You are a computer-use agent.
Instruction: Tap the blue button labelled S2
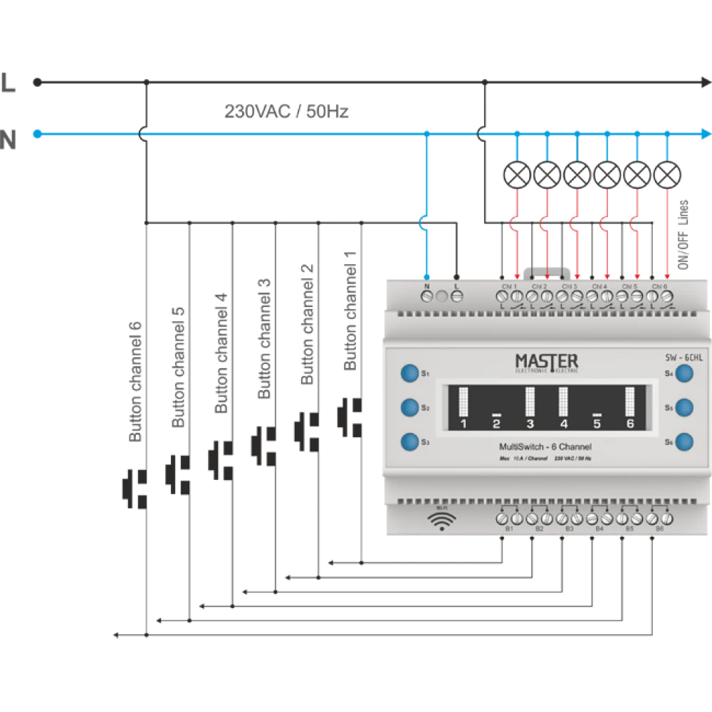[x=409, y=407]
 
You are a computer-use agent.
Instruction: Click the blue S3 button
[x=409, y=441]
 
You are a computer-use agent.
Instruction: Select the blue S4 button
[x=684, y=373]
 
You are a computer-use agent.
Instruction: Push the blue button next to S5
[x=684, y=407]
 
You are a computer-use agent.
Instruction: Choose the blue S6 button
[x=684, y=441]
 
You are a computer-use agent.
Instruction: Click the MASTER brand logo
[x=546, y=362]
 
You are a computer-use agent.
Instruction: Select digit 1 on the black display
[x=464, y=424]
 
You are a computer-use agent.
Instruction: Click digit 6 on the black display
[x=630, y=424]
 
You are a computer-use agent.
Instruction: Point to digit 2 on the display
[x=497, y=424]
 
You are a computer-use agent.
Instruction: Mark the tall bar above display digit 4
[x=563, y=402]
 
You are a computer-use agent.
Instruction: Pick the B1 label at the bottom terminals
[x=509, y=530]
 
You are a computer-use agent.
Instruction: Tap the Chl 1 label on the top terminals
[x=510, y=286]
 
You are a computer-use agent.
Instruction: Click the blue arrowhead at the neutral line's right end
[x=705, y=133]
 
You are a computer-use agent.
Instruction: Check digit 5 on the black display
[x=597, y=424]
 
